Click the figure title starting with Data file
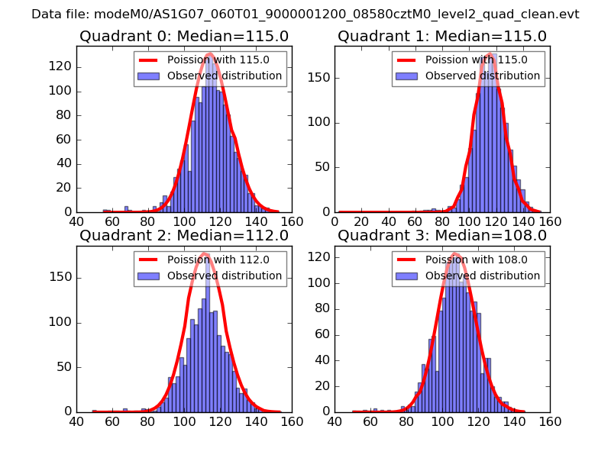point(305,15)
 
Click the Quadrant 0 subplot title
point(183,37)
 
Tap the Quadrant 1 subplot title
point(441,37)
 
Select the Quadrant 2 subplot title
point(183,236)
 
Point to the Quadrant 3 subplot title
point(441,236)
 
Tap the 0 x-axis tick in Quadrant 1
point(335,221)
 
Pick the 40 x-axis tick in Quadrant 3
point(335,421)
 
